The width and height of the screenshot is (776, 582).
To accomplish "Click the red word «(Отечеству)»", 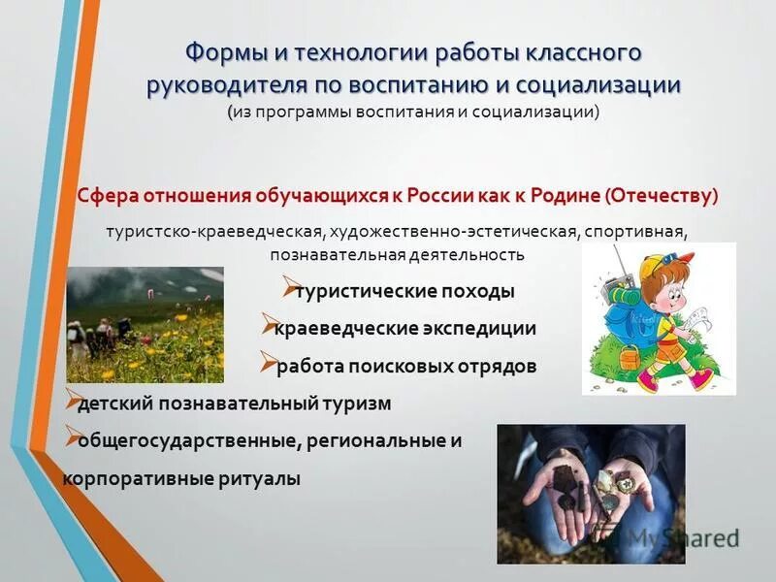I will [x=662, y=195].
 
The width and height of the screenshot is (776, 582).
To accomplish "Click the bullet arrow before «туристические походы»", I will [x=288, y=288].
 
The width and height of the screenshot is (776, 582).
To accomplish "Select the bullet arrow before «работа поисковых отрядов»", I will [x=268, y=365].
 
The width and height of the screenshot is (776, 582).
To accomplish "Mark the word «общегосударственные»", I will [x=188, y=440].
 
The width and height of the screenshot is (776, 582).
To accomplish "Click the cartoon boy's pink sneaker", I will [x=647, y=378].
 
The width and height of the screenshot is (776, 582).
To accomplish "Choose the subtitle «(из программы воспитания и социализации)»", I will [x=414, y=113].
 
